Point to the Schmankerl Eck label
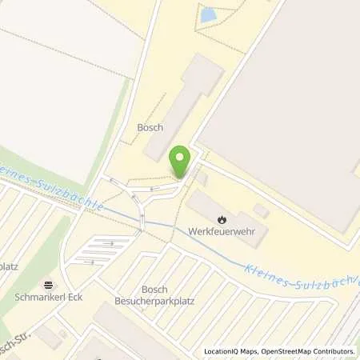point(49,296)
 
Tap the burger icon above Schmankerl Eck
point(49,283)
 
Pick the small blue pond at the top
point(209,14)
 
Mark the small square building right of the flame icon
point(261,210)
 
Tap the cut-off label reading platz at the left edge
point(9,266)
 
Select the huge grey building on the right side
point(296,88)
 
